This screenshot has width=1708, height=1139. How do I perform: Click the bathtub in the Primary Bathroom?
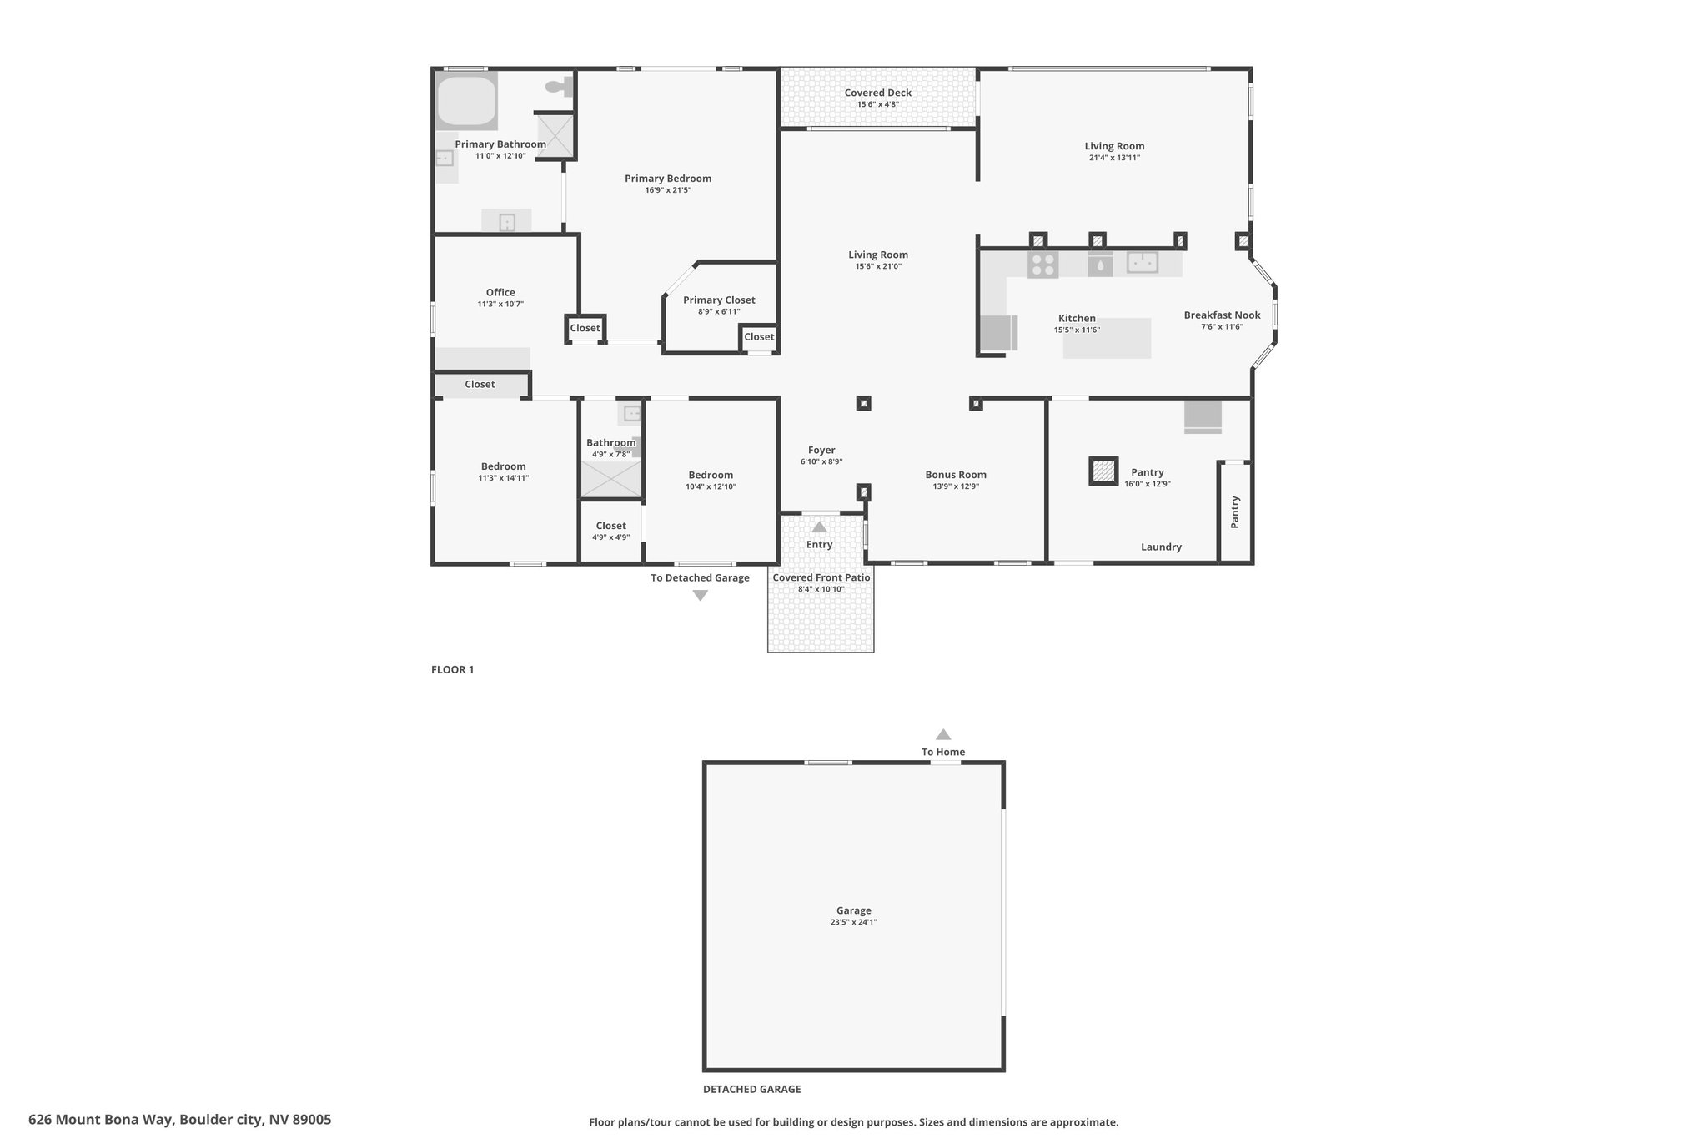(x=465, y=101)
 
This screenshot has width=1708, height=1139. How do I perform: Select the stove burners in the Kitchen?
(x=1042, y=265)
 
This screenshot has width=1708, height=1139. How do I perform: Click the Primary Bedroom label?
(x=668, y=179)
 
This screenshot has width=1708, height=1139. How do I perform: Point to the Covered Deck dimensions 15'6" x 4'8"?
(x=877, y=104)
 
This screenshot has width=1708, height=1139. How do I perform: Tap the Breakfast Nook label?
(x=1222, y=315)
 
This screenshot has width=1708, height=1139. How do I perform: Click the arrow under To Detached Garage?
(x=701, y=596)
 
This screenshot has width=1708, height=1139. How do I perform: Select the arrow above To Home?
(x=943, y=734)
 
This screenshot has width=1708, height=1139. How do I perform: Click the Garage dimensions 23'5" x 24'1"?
(x=853, y=922)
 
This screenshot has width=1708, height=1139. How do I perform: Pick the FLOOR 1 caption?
(x=452, y=669)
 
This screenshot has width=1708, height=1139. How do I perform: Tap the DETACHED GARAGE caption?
(x=751, y=1089)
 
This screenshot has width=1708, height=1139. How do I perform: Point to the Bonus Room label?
(x=956, y=475)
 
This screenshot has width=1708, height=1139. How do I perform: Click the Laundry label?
(x=1161, y=547)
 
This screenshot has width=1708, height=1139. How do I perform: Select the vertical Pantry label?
(x=1235, y=512)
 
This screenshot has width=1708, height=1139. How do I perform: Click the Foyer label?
(x=821, y=451)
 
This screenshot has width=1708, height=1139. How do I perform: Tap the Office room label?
(x=500, y=293)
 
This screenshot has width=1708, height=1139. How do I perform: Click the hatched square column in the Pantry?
(x=1103, y=471)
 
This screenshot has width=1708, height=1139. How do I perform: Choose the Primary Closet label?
(x=719, y=300)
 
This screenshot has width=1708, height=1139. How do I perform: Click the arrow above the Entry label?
(x=819, y=527)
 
